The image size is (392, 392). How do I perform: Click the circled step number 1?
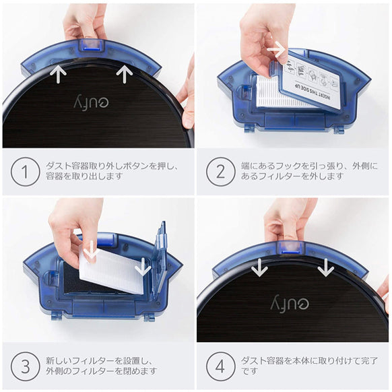pos(25,172)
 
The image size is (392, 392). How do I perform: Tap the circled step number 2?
pos(221,172)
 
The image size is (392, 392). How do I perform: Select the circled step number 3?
pos(25,367)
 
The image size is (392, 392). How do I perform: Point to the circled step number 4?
pos(221,367)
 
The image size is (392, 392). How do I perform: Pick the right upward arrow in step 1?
pos(123,73)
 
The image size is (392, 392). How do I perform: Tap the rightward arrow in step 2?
pos(275,48)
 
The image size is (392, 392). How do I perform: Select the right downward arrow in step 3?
pos(143,267)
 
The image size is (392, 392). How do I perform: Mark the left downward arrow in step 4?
pos(260,268)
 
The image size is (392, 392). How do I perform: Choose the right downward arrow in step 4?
pos(325,268)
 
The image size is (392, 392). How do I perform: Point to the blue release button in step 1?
pos(89,44)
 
